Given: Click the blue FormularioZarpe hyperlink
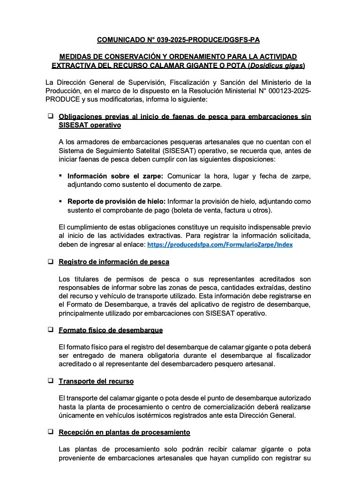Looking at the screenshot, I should coord(220,244).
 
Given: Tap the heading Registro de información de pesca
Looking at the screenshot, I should coord(113,262).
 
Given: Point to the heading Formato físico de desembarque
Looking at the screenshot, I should coord(111,330).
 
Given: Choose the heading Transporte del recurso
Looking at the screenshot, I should coord(96,381).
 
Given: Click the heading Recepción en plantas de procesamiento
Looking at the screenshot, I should coord(124,432).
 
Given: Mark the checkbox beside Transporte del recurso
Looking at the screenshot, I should coord(50,381).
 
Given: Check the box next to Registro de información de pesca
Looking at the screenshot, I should coord(50,261).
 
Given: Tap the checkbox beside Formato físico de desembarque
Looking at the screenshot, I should coord(50,330).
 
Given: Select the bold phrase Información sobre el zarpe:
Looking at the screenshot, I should coord(115,176).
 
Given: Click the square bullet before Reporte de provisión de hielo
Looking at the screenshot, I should coord(61,201).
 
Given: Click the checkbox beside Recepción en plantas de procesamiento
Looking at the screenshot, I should coord(50,431).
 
